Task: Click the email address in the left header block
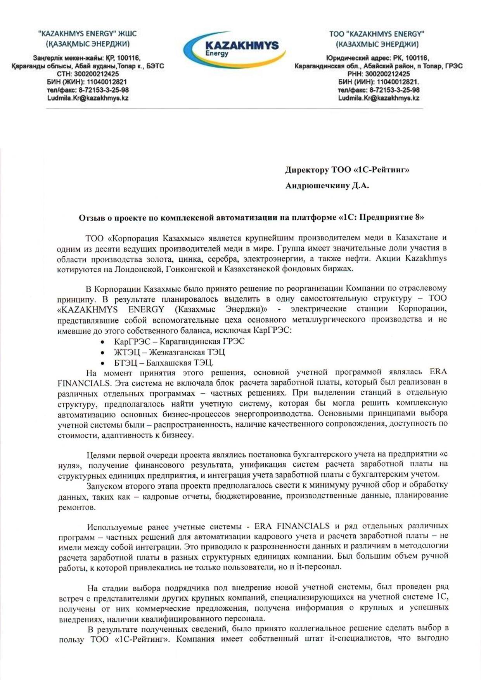(x=88, y=98)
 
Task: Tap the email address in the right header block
(x=378, y=98)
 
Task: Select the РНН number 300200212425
(x=388, y=74)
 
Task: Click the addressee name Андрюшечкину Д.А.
(x=327, y=186)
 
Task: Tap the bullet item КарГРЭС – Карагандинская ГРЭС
(x=179, y=342)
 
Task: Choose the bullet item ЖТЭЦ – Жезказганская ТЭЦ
(x=170, y=352)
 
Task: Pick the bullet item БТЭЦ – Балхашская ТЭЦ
(x=164, y=363)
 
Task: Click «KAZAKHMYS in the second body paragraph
(x=87, y=309)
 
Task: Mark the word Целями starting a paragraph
(x=100, y=454)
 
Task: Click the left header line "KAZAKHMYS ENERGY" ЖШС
(x=87, y=34)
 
